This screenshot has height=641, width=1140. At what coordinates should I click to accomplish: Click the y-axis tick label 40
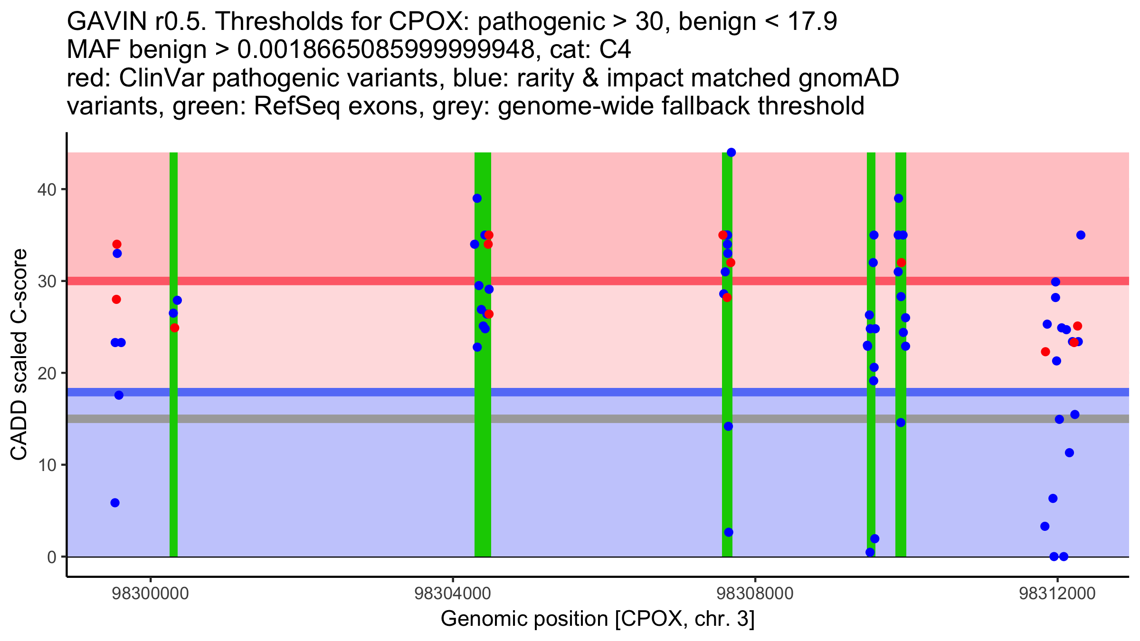[x=46, y=189]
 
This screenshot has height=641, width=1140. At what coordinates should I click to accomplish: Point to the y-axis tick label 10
[x=46, y=465]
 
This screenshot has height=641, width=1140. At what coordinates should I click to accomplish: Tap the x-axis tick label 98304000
[x=452, y=594]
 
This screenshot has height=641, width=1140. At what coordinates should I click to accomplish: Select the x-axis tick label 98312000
[x=1057, y=594]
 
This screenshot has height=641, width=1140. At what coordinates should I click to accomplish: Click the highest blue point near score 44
[x=731, y=152]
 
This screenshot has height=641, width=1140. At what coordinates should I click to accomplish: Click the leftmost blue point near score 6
[x=115, y=503]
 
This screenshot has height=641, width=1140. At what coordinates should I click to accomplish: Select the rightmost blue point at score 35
[x=1081, y=235]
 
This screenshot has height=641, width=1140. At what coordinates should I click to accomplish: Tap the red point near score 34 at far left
[x=117, y=244]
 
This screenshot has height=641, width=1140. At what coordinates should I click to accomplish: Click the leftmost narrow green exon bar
[x=174, y=427]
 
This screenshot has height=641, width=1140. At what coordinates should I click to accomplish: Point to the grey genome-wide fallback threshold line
[x=332, y=419]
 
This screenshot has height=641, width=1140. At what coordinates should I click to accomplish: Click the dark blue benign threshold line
[x=332, y=392]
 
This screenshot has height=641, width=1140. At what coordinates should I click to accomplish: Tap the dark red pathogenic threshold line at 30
[x=332, y=281]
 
